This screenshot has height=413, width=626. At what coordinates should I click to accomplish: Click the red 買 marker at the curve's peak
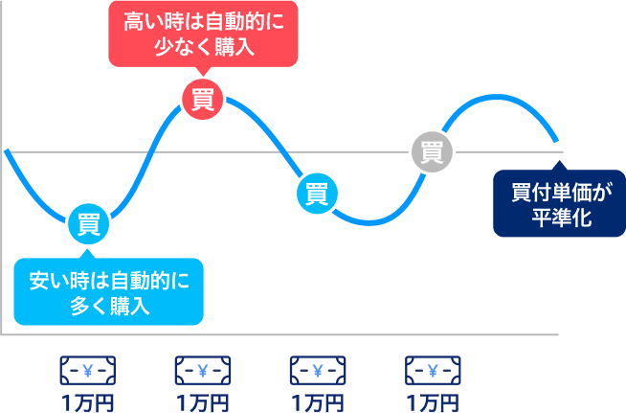click(203, 100)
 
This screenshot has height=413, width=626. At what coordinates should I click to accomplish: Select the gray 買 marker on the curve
click(432, 151)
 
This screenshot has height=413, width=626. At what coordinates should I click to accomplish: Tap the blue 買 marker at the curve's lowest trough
click(88, 225)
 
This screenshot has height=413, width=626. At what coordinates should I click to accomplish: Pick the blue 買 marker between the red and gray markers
click(317, 193)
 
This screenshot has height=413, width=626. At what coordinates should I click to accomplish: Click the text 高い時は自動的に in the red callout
click(204, 20)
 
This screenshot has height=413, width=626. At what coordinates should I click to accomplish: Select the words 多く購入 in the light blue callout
click(109, 307)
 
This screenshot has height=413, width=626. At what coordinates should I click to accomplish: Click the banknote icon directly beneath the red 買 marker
click(203, 370)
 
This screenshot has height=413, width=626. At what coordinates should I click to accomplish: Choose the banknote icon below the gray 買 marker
click(432, 370)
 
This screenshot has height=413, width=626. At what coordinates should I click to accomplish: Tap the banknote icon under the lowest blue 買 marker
click(88, 370)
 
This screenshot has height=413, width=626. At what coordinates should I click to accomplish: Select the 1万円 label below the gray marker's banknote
click(432, 402)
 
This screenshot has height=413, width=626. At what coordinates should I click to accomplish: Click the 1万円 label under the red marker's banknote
click(203, 402)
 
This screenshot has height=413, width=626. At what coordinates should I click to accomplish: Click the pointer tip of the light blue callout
click(88, 251)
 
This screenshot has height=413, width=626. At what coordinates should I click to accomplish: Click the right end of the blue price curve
click(558, 141)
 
